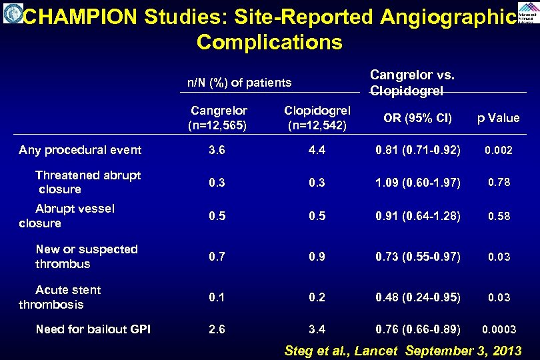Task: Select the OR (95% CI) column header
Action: [x=417, y=119]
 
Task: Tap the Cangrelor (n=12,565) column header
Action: [x=219, y=117]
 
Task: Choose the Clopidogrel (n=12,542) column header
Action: [x=317, y=117]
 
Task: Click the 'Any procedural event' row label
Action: [x=80, y=150]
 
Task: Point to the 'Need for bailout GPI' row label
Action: [x=93, y=329]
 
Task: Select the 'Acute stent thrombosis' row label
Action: [x=60, y=297]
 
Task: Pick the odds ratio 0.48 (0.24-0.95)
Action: [x=417, y=297]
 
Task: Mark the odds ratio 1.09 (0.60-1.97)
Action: [x=417, y=183]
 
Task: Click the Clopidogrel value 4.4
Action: [x=317, y=151]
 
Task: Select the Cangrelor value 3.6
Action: [x=217, y=151]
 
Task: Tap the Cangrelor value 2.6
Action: [x=217, y=329]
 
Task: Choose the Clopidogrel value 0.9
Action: [x=317, y=257]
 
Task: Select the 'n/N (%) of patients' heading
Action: [x=239, y=83]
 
